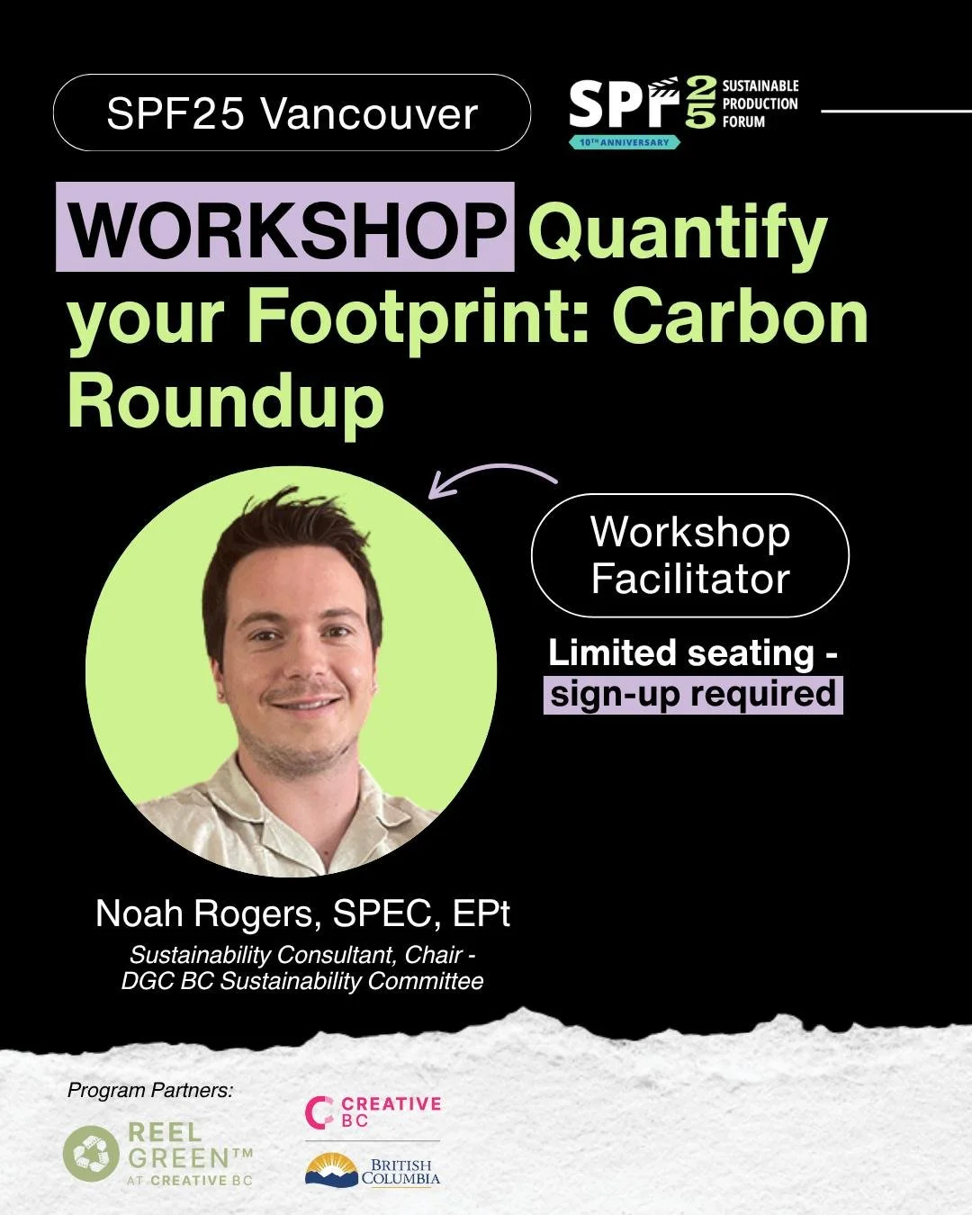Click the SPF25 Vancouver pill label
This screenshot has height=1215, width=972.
click(x=292, y=113)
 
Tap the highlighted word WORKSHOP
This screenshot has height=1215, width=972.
click(x=286, y=229)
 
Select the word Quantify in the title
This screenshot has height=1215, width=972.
click(x=682, y=232)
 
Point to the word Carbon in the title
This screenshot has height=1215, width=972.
click(x=741, y=317)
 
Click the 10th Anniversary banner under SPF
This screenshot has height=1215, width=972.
click(x=624, y=142)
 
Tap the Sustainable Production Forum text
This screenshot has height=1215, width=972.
click(x=760, y=103)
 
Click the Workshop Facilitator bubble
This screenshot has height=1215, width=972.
click(x=690, y=555)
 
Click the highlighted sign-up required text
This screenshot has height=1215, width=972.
click(x=693, y=695)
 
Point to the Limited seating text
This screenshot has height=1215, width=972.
click(x=692, y=653)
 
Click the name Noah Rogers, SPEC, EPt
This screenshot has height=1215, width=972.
click(x=302, y=913)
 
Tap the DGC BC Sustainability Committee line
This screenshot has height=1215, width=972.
click(x=302, y=980)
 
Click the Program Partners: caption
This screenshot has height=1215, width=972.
click(x=150, y=1091)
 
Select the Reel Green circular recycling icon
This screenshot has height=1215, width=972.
click(x=91, y=1154)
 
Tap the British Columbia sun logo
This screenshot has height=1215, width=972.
click(x=331, y=1170)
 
